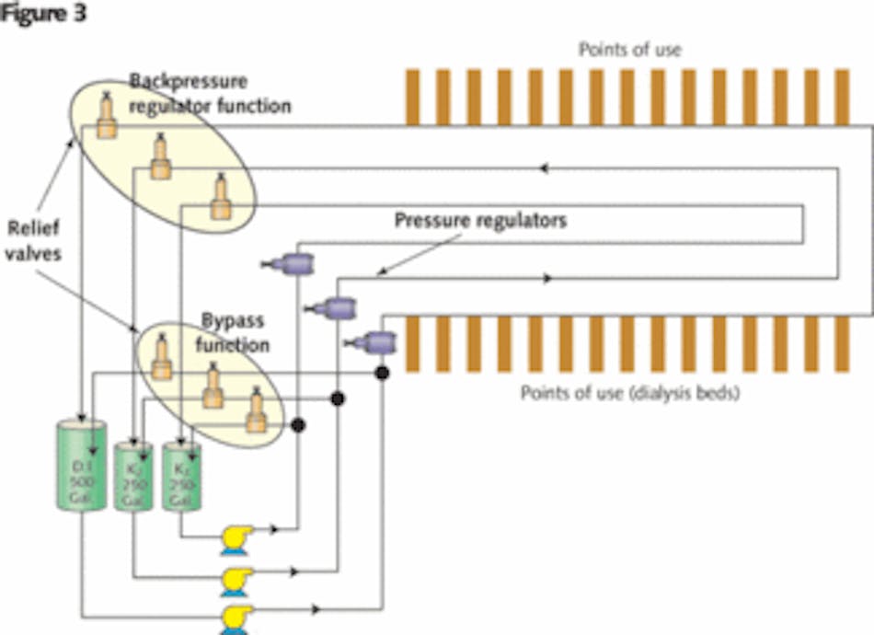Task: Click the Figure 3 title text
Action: tap(44, 14)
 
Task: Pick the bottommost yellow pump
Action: tap(236, 617)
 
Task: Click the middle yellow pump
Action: tap(236, 580)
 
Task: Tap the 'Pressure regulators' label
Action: tap(480, 221)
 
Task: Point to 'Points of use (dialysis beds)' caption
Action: tap(630, 393)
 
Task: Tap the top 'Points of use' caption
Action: tap(629, 49)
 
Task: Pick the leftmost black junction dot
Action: tap(297, 424)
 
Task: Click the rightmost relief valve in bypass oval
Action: tap(255, 415)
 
